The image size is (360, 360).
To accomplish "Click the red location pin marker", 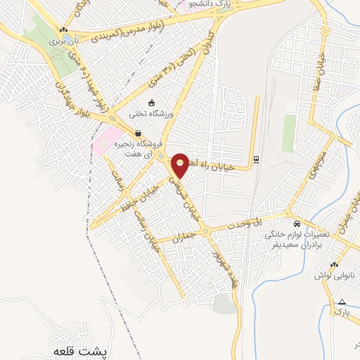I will tap(180, 164).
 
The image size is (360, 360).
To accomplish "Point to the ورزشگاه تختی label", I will tap(150, 112).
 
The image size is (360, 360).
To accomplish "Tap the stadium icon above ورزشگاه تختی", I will tap(150, 103).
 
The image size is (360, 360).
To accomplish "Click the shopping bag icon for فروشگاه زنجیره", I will tap(138, 132).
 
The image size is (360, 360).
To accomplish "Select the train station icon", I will tap(256, 158).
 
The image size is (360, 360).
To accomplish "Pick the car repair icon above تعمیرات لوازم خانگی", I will tap(297, 222).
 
